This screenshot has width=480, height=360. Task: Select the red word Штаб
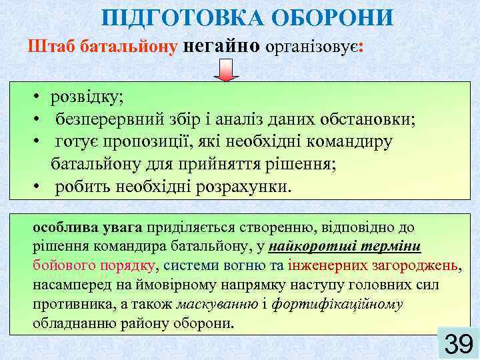coord(51,47)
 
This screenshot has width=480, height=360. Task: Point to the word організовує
coord(311,47)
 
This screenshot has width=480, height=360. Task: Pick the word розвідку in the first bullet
coord(87,98)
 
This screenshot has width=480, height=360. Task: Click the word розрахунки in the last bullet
coord(243,186)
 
